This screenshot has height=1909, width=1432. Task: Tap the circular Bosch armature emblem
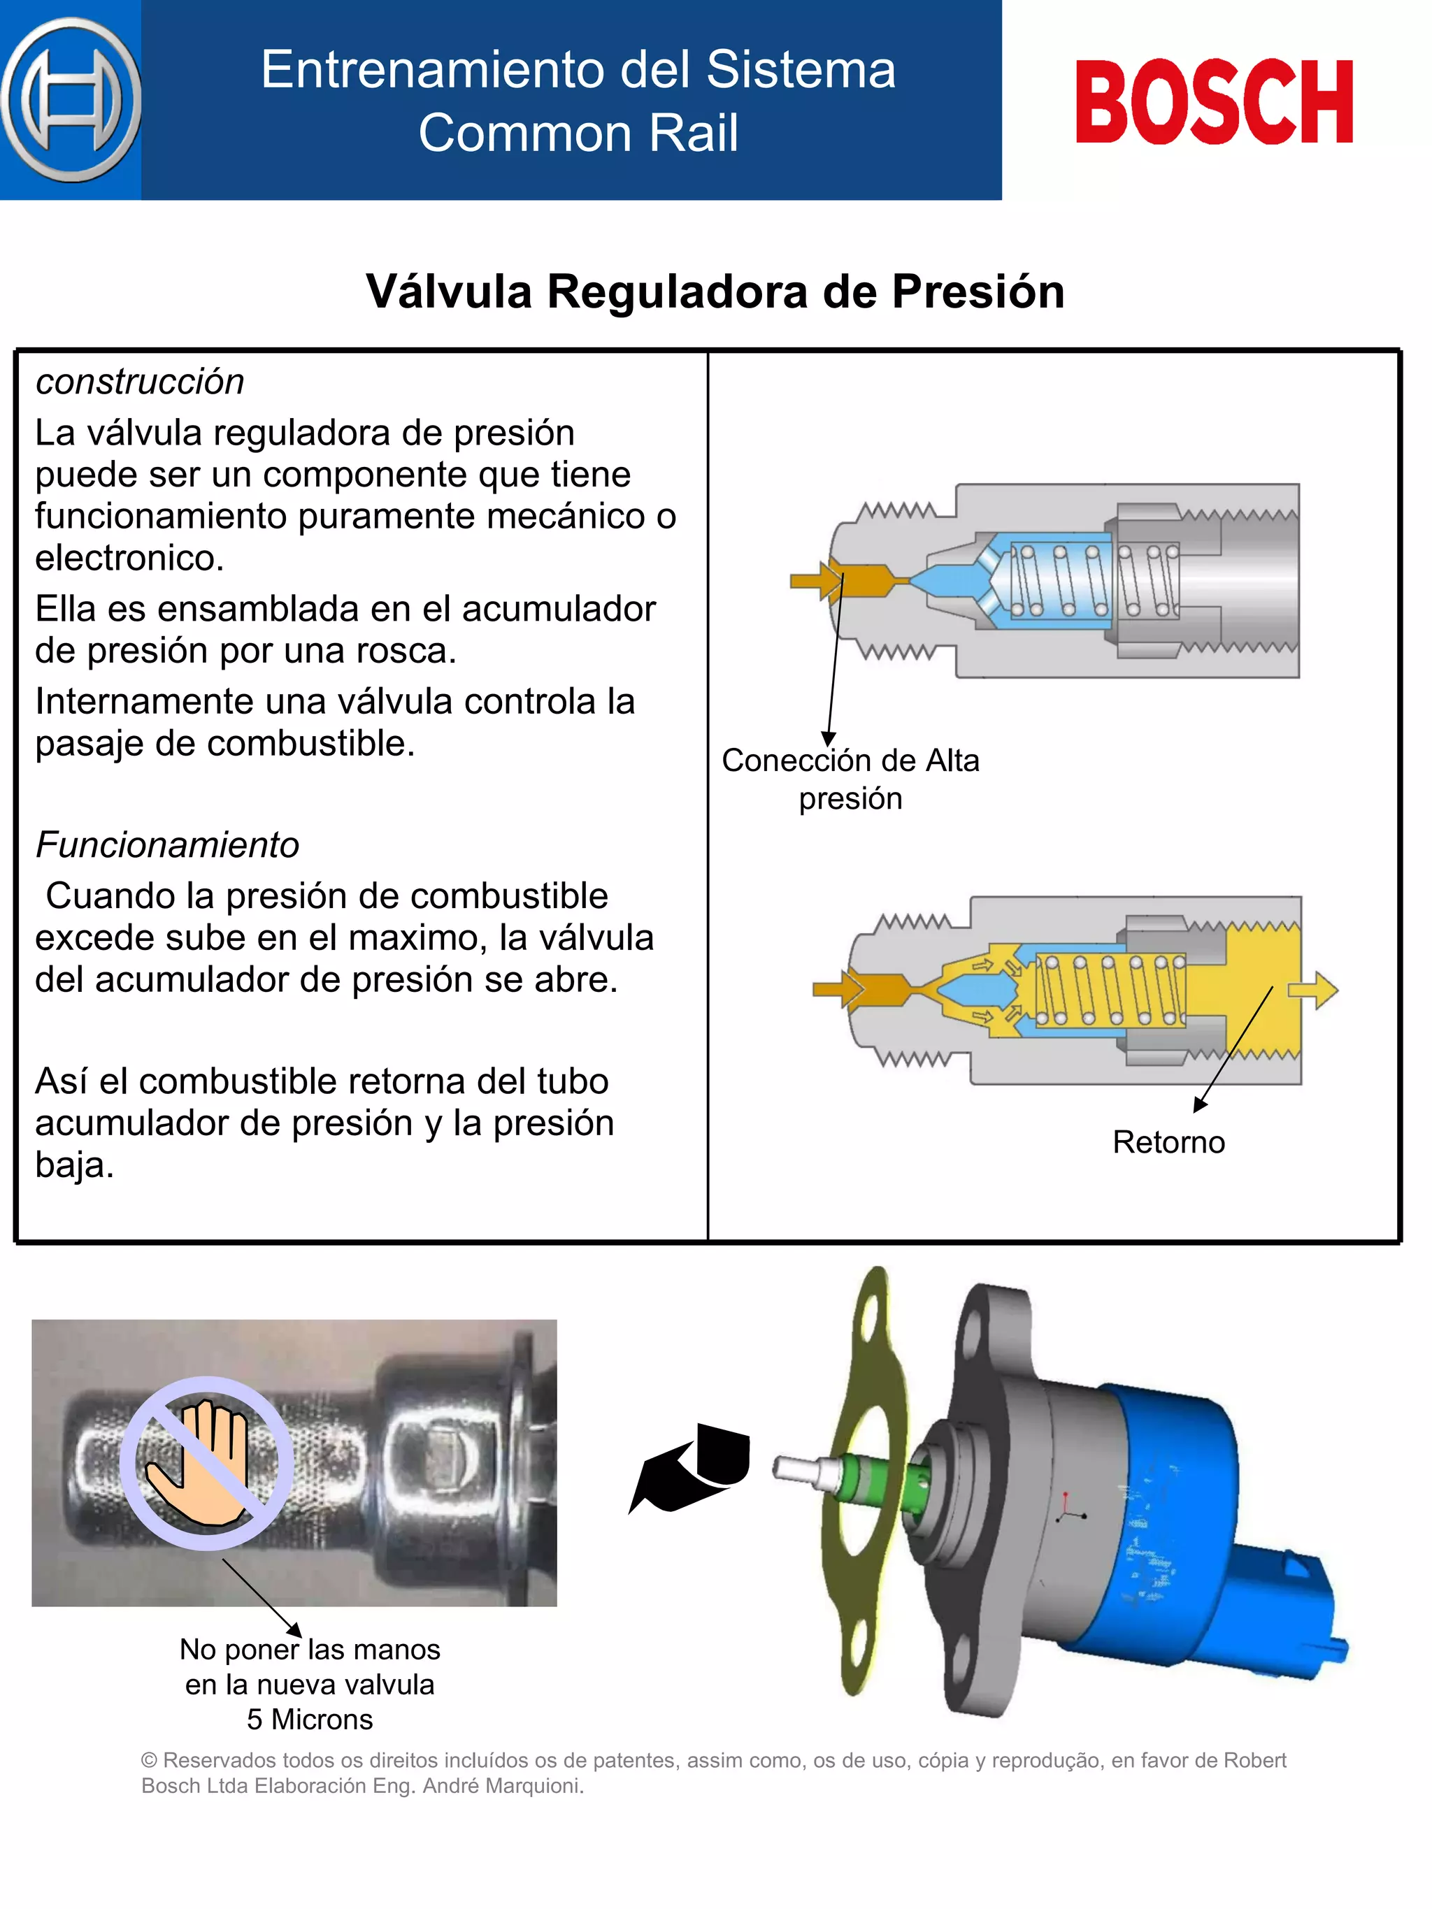(x=71, y=100)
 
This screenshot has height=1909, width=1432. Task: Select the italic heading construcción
(x=140, y=382)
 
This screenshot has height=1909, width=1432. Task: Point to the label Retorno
(x=1168, y=1141)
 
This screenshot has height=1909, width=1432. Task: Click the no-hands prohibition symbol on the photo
(x=206, y=1463)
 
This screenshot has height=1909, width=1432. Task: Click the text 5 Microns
(x=309, y=1719)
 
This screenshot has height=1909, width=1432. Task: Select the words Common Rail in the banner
(x=578, y=133)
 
